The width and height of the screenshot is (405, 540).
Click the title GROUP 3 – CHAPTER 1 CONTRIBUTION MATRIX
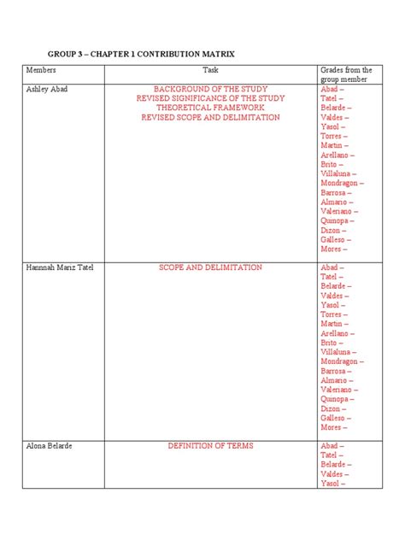(140, 54)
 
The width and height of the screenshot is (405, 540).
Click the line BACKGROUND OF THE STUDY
(210, 89)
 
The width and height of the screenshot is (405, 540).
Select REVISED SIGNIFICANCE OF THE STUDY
(210, 98)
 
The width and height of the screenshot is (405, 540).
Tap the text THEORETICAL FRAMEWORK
(210, 108)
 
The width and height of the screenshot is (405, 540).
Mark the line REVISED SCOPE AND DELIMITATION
(210, 117)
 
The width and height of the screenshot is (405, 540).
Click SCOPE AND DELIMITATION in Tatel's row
(210, 267)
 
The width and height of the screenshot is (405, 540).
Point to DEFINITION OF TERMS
(210, 446)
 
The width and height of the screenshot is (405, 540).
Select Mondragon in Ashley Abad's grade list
(341, 183)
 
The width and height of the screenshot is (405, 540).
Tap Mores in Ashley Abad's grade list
(332, 249)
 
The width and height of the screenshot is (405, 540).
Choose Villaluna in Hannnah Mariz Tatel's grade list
(337, 352)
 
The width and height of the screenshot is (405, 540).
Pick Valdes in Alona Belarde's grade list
(333, 474)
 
